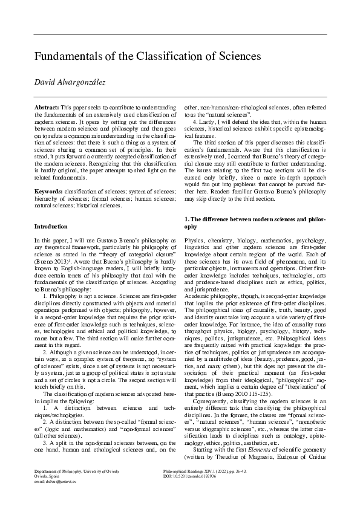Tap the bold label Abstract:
[47, 106]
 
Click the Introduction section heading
[51, 227]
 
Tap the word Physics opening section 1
[194, 240]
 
